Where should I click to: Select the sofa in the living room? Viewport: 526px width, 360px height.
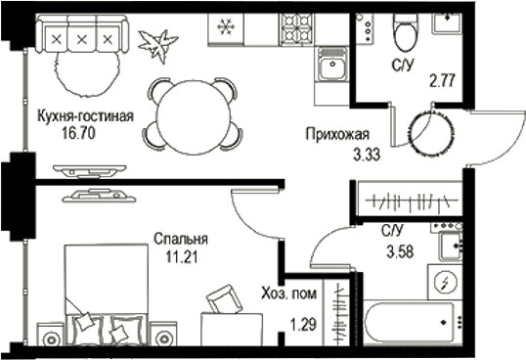pyautogui.click(x=81, y=39)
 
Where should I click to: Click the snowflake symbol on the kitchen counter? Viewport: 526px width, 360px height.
pyautogui.click(x=225, y=26)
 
